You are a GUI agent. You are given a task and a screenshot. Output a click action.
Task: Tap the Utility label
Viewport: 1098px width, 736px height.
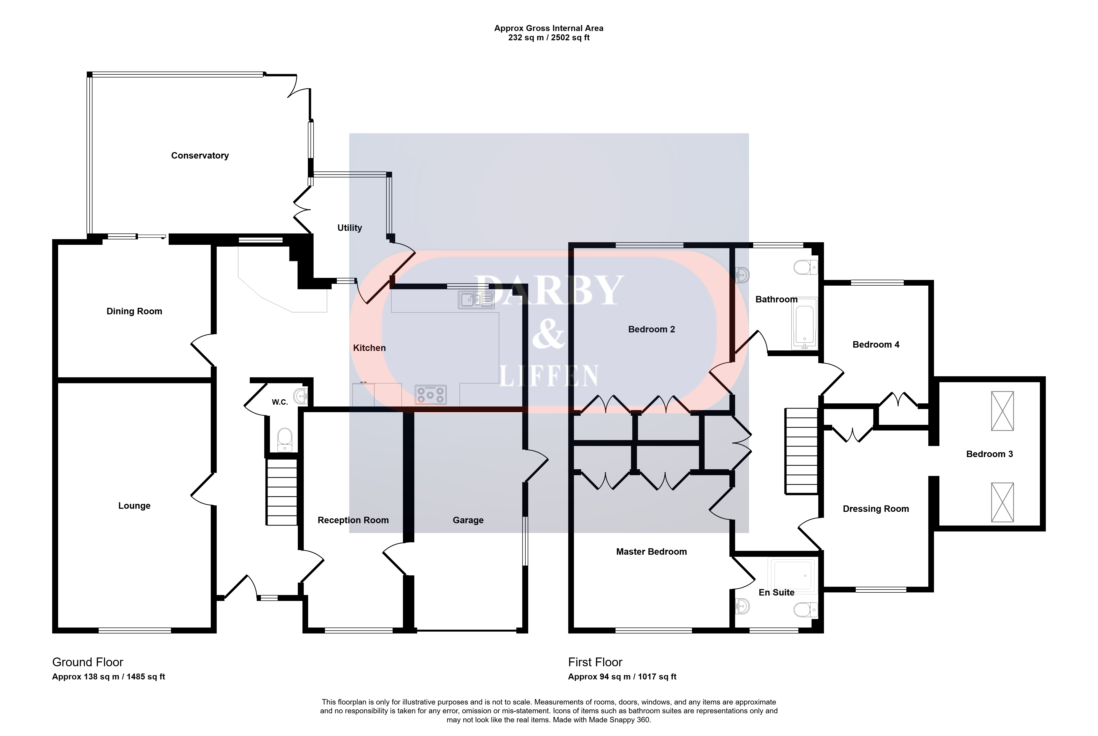350,228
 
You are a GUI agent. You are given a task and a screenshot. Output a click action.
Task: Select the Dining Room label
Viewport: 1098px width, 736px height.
134,311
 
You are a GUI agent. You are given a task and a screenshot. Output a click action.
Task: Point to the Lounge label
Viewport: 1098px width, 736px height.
134,506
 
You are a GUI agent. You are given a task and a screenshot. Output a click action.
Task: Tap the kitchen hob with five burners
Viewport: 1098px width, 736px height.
431,394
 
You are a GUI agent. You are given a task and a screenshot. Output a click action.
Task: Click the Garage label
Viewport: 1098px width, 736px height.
468,520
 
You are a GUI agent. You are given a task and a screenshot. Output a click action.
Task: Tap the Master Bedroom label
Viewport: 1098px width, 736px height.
651,552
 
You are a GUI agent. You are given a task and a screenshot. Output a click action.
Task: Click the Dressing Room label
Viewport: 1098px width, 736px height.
876,509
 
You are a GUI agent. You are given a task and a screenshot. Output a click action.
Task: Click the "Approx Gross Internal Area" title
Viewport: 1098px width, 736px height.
549,28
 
